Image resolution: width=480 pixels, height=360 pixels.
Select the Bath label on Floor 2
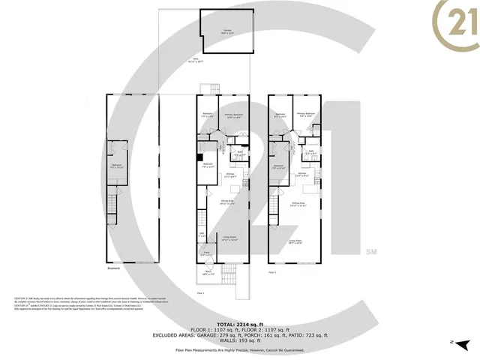(x=310, y=152)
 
